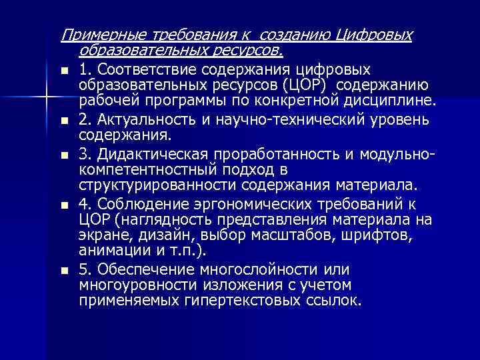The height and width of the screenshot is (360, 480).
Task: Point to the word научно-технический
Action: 289,120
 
